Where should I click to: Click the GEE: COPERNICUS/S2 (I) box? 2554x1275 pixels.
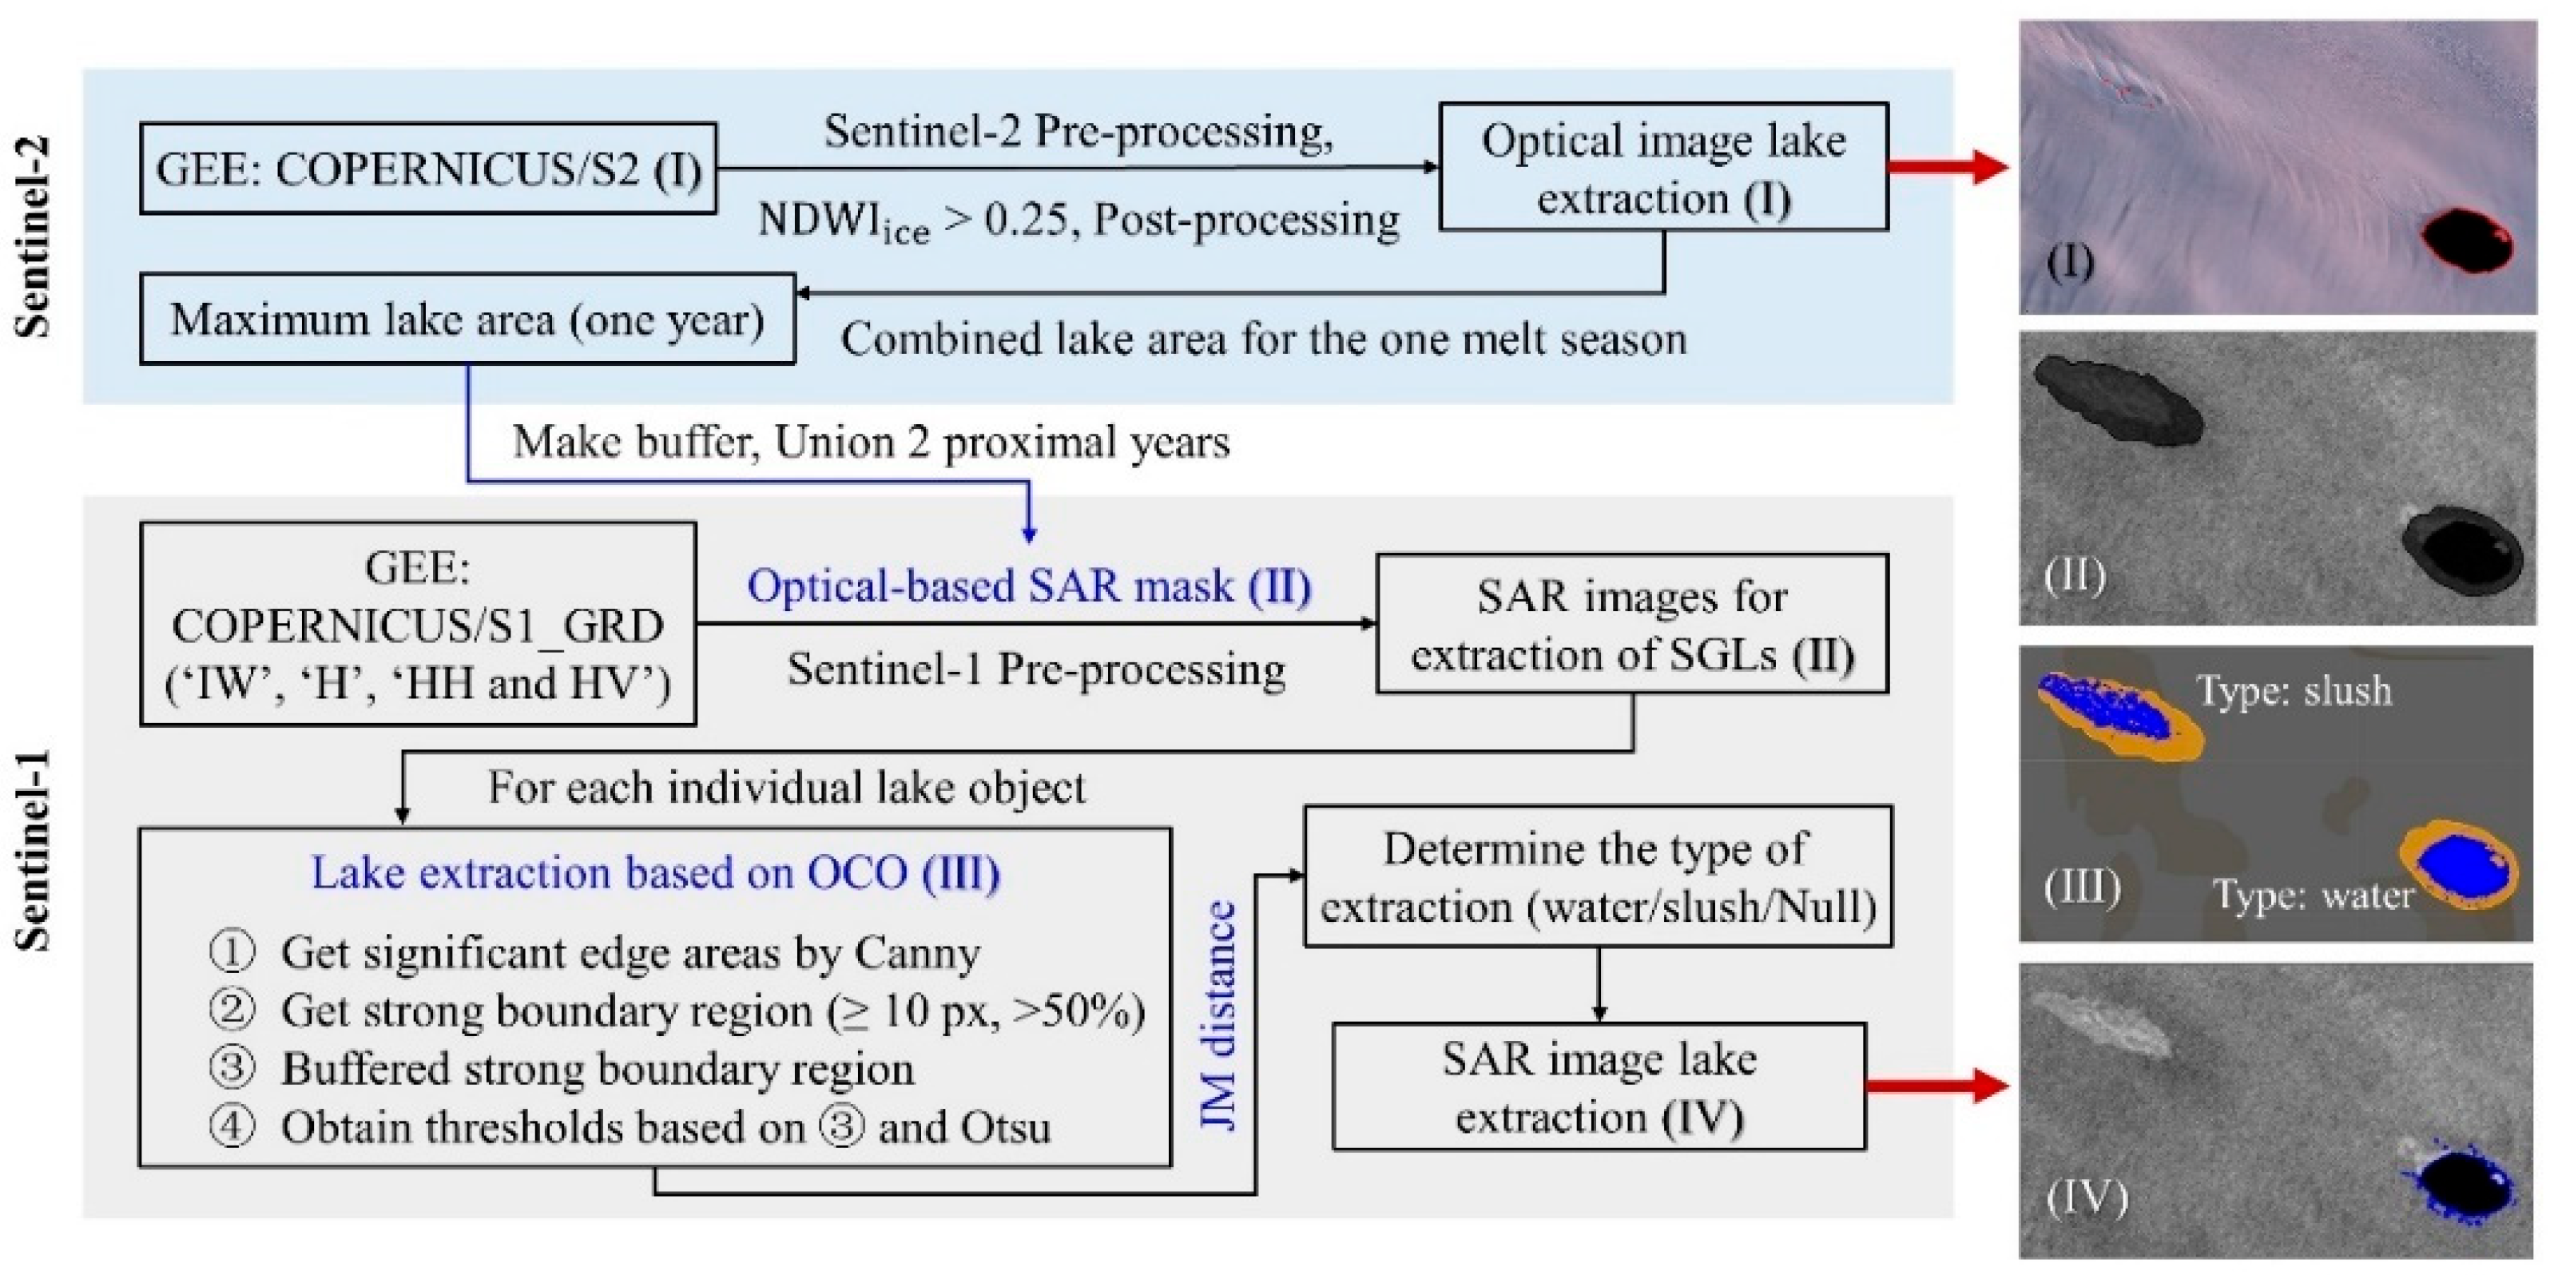427,169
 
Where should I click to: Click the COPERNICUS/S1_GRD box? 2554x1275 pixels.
417,625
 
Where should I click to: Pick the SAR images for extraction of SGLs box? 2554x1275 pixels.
1631,625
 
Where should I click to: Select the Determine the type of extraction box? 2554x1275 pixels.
1597,876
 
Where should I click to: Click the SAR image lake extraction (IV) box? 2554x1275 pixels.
1599,1086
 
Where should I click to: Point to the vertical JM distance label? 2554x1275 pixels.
1218,1015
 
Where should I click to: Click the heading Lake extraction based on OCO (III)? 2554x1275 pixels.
655,872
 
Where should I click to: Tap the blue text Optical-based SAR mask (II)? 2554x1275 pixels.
1029,585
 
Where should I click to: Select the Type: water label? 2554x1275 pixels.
2313,896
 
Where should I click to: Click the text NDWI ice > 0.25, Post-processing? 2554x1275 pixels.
1078,220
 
